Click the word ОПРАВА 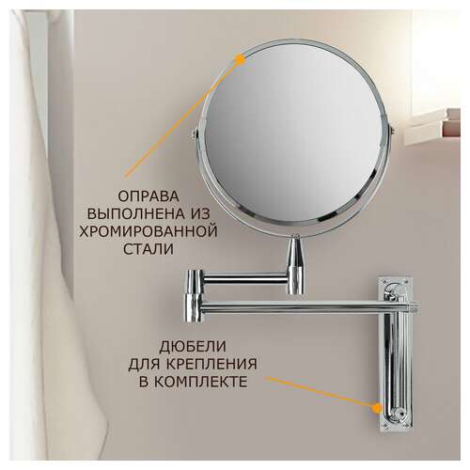point(149,196)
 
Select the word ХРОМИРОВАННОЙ point(149,232)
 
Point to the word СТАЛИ point(149,249)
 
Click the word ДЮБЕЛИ point(193,347)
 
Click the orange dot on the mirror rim point(241,58)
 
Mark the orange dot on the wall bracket point(377,408)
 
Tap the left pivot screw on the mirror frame point(193,133)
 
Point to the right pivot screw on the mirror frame point(391,130)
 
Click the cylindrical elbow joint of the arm point(194,295)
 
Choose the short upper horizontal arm point(245,278)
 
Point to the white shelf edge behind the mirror point(432,125)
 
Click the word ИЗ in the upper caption point(200,214)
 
